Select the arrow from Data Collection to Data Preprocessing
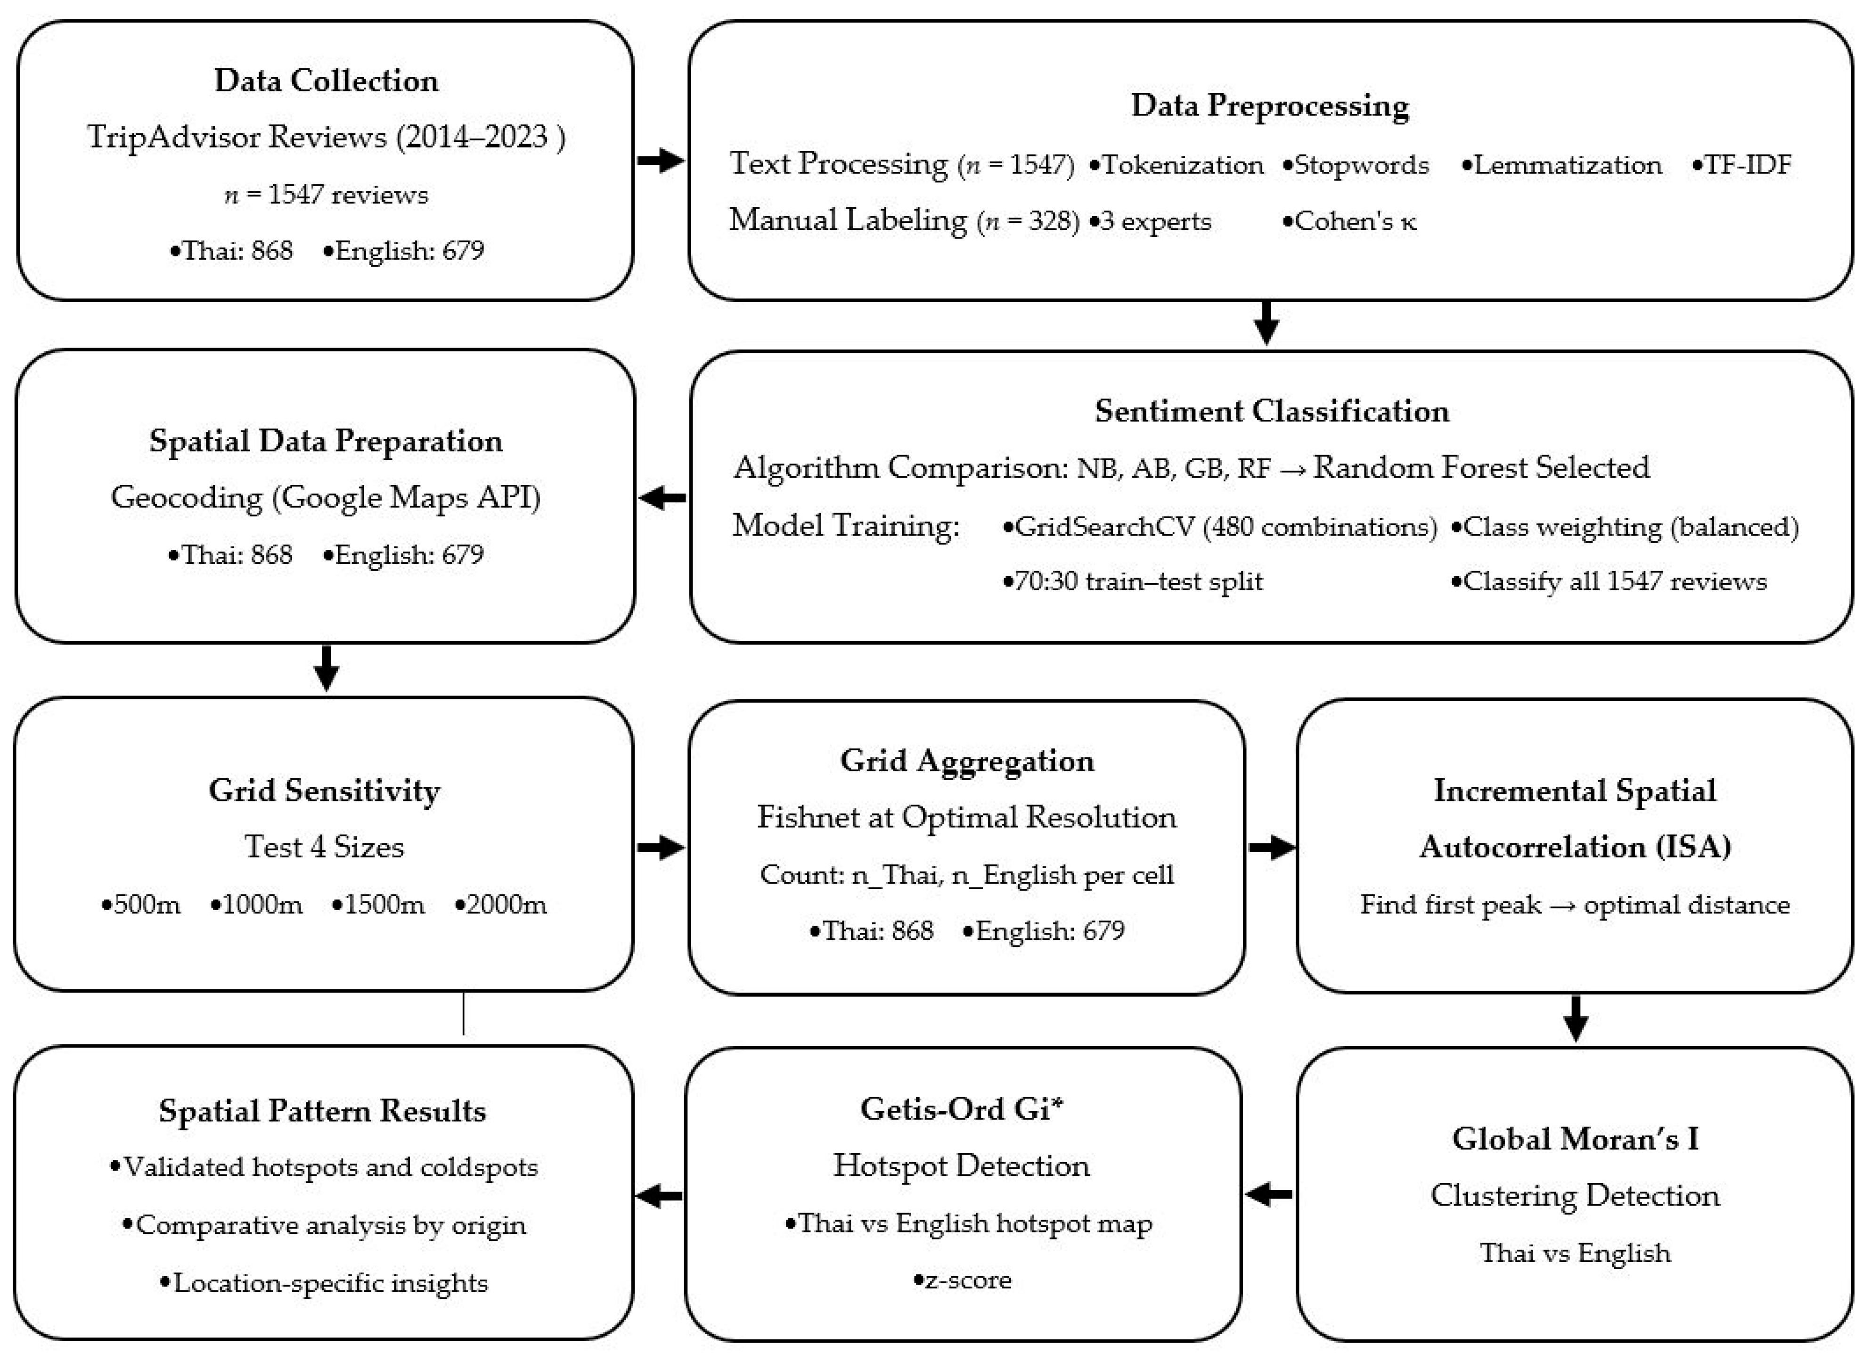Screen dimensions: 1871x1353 661,160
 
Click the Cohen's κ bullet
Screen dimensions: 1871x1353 1349,221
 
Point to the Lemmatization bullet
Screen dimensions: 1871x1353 1561,164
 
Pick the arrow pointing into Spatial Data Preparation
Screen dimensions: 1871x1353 662,497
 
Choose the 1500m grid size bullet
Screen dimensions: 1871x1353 378,905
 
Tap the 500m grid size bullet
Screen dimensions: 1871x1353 140,905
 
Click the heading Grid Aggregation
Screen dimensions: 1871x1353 967,761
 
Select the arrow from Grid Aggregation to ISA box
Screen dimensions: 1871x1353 1271,848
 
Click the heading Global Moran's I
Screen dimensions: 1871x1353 1575,1139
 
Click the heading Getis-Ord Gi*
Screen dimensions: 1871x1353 962,1109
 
